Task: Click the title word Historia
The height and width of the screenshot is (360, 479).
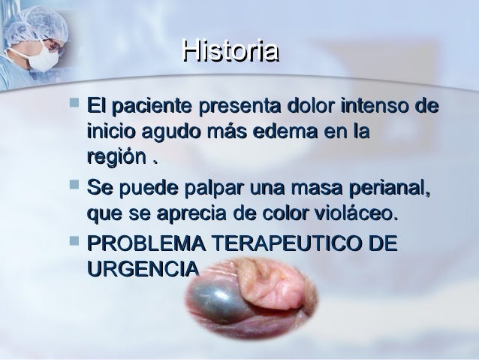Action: [x=230, y=52]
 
